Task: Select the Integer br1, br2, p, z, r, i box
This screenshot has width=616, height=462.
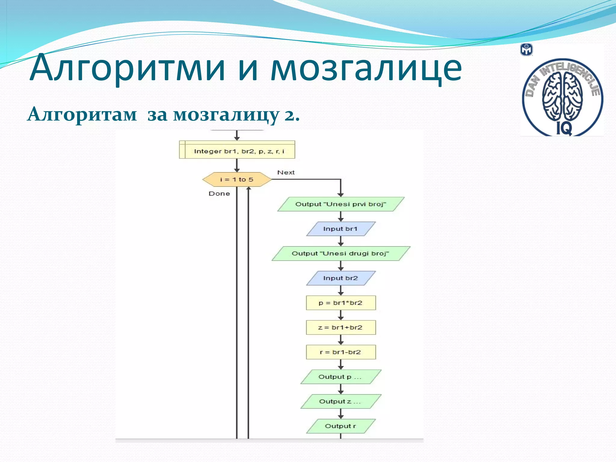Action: pyautogui.click(x=237, y=150)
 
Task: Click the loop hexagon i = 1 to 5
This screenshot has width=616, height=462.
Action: pyautogui.click(x=237, y=180)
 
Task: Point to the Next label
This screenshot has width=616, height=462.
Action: pyautogui.click(x=286, y=173)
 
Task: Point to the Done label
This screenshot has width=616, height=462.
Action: pyautogui.click(x=219, y=194)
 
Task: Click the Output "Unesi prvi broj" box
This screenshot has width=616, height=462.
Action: pyautogui.click(x=340, y=204)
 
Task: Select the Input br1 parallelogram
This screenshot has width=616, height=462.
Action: pyautogui.click(x=340, y=229)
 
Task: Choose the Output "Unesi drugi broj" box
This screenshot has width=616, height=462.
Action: pyautogui.click(x=340, y=254)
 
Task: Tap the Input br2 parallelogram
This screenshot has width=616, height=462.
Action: pyautogui.click(x=340, y=278)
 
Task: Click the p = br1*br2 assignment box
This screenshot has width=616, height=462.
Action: pyautogui.click(x=340, y=303)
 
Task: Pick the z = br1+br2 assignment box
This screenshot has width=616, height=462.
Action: pyautogui.click(x=340, y=328)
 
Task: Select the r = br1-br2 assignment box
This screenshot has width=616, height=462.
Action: pyautogui.click(x=340, y=352)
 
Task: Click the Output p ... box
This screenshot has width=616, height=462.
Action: pyautogui.click(x=340, y=377)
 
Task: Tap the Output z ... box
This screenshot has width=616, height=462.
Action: pyautogui.click(x=340, y=402)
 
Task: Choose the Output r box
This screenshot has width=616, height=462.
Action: pyautogui.click(x=340, y=426)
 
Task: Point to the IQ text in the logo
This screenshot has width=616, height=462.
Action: pyautogui.click(x=564, y=129)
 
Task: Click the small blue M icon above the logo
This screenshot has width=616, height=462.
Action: pyautogui.click(x=526, y=50)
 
